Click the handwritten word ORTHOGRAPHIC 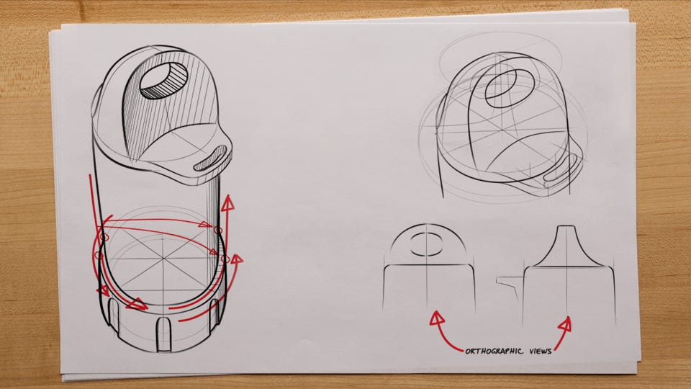pos(494,351)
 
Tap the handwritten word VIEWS pos(541,351)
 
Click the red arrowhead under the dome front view pos(437,318)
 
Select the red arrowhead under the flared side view pos(565,325)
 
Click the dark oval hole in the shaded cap pos(163,80)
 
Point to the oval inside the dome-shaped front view pos(426,244)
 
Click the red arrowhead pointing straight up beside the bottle pos(227,203)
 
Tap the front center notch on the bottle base pos(164,334)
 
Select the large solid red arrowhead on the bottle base pos(137,304)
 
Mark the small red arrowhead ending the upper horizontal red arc pos(205,224)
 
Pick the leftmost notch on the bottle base pos(114,315)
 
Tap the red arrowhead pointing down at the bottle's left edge pos(104,290)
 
